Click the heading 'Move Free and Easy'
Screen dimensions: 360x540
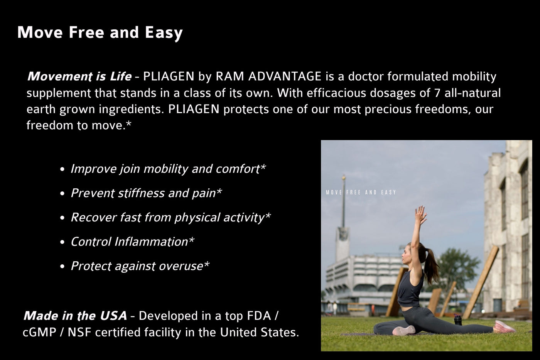click(x=100, y=33)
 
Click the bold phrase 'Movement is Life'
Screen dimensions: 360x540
click(x=79, y=76)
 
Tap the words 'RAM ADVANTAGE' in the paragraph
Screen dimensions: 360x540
click(x=268, y=76)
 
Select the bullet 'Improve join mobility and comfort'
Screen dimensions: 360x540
click(x=168, y=169)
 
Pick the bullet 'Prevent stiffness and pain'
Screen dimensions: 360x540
click(x=146, y=193)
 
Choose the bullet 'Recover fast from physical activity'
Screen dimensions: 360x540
click(x=170, y=218)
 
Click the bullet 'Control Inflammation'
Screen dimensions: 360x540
click(x=132, y=242)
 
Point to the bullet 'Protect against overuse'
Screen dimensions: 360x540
click(x=140, y=266)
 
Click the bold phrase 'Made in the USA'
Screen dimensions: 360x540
click(x=75, y=316)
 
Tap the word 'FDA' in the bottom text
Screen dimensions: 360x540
click(x=257, y=316)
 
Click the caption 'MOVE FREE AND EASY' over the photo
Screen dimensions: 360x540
click(x=361, y=192)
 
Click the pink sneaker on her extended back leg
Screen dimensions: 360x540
click(x=505, y=327)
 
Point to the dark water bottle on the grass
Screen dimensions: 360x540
click(x=457, y=319)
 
